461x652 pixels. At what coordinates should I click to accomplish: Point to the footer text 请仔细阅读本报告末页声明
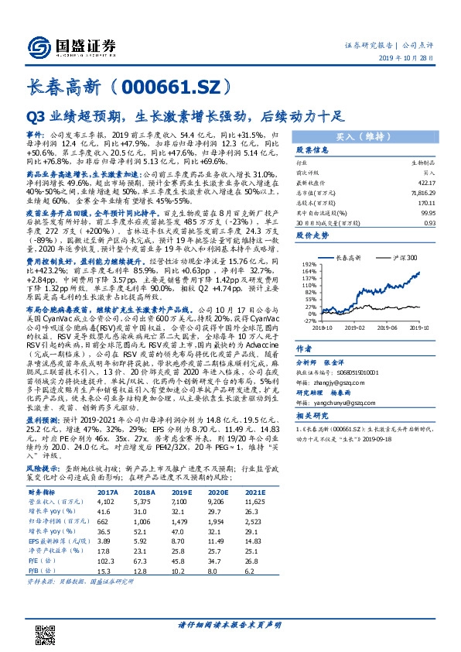pyautogui.click(x=230, y=624)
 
